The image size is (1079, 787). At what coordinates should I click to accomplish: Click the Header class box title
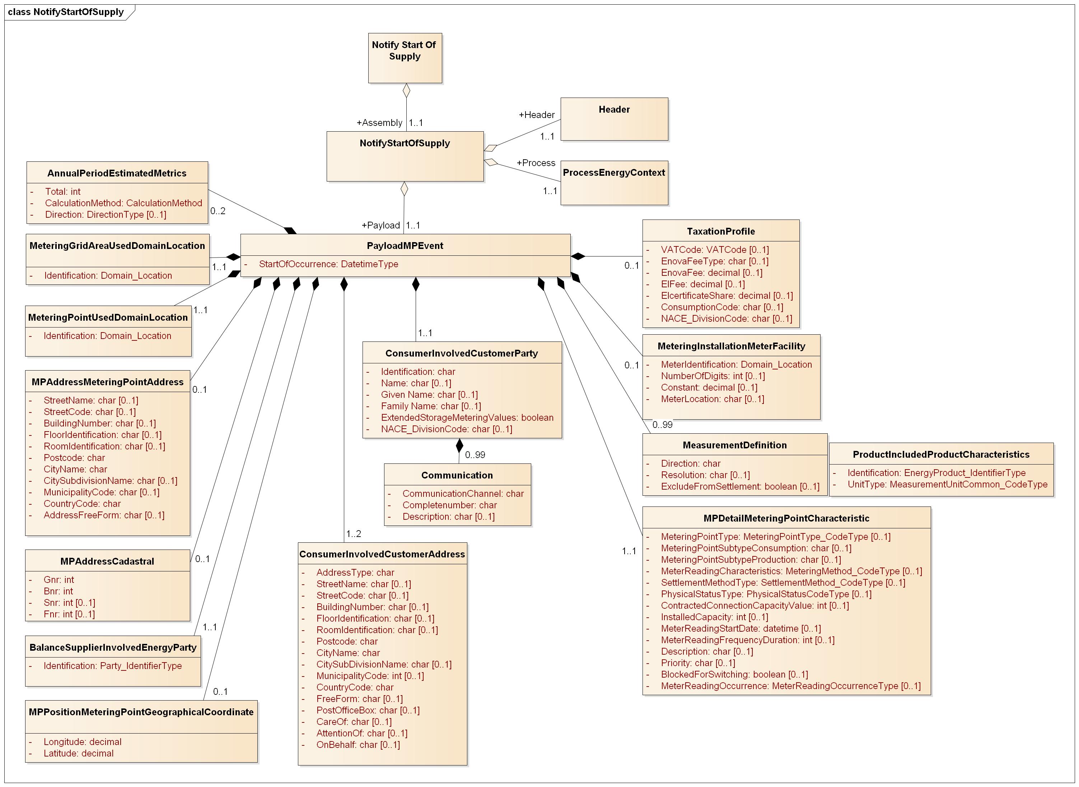point(614,109)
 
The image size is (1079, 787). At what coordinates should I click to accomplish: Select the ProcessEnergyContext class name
point(613,173)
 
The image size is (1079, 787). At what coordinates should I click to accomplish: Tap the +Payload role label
point(380,225)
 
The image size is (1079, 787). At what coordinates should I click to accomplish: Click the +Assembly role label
point(379,123)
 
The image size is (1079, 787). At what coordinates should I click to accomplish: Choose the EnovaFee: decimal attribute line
point(711,273)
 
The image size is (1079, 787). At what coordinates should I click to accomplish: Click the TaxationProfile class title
point(721,231)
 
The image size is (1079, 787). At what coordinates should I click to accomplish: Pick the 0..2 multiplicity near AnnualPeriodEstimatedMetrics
point(218,211)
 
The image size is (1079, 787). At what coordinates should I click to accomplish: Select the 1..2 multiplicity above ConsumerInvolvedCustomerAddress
point(354,533)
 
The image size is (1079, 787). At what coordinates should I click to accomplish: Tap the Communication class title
point(457,475)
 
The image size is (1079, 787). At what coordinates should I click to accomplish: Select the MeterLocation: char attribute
point(712,399)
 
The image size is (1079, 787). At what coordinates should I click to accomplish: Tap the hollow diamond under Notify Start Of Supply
point(406,90)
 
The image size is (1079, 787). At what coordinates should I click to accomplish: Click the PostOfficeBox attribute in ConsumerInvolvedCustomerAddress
point(368,710)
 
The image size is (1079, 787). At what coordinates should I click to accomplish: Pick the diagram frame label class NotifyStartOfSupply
point(66,12)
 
